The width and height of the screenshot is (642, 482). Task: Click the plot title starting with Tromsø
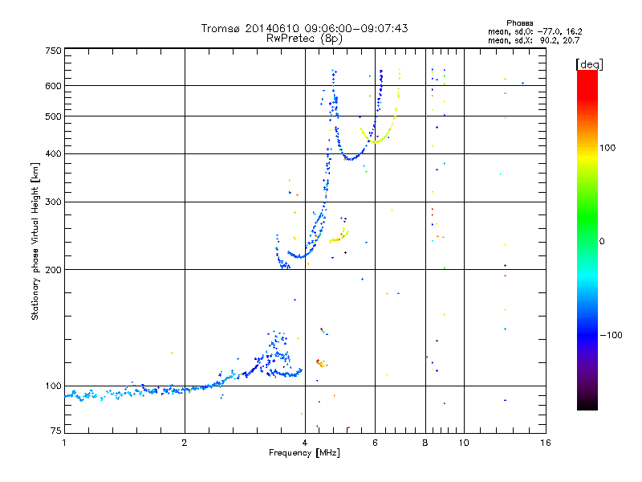click(x=304, y=28)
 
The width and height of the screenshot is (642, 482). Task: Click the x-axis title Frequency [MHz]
click(x=304, y=454)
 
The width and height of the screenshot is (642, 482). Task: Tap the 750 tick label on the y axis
click(x=54, y=50)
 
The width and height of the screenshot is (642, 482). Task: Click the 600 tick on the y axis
click(x=54, y=86)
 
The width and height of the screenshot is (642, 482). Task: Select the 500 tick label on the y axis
click(x=54, y=116)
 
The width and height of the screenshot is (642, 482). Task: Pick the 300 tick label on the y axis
click(x=54, y=202)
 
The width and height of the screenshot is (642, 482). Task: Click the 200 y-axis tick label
click(x=54, y=269)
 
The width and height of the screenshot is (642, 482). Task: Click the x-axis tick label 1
click(x=64, y=443)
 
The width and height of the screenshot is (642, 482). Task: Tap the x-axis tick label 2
click(x=185, y=443)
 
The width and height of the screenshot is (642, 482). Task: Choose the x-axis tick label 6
click(x=375, y=443)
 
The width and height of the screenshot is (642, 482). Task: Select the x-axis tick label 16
click(x=545, y=443)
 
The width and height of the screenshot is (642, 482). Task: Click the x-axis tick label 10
click(x=463, y=443)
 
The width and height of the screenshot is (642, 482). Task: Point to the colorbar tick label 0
click(x=602, y=241)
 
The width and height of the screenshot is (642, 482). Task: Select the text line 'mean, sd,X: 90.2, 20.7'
click(x=533, y=40)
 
